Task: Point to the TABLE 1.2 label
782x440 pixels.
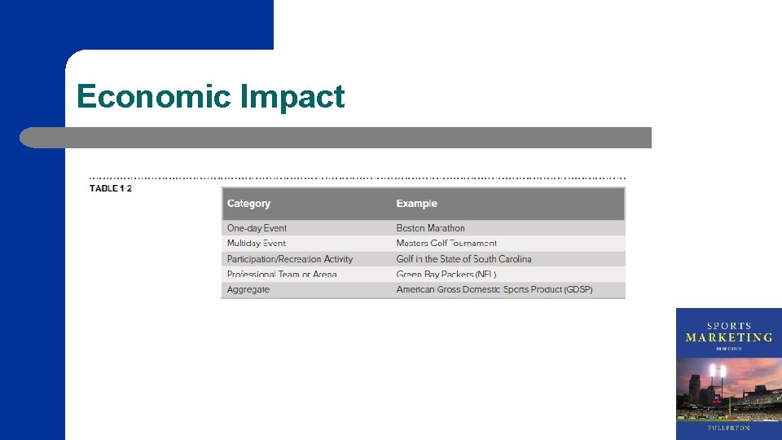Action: click(111, 189)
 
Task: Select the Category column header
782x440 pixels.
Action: click(248, 204)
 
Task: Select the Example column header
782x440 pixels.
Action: click(416, 204)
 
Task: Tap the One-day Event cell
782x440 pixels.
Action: click(257, 228)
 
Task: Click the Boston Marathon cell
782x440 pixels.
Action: click(430, 228)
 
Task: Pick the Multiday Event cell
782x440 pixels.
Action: click(257, 244)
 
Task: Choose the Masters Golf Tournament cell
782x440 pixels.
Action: click(446, 244)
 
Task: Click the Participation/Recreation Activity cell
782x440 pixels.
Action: click(290, 259)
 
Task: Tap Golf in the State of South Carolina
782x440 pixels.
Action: click(463, 259)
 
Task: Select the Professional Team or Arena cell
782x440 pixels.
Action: click(282, 275)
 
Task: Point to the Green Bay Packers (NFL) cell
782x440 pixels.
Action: click(446, 275)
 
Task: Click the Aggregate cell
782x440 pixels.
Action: click(248, 290)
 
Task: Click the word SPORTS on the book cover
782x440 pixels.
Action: click(728, 325)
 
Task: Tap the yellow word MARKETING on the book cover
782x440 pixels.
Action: click(728, 337)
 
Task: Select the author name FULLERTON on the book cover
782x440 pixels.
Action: click(728, 428)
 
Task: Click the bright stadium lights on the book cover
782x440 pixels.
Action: click(718, 372)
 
